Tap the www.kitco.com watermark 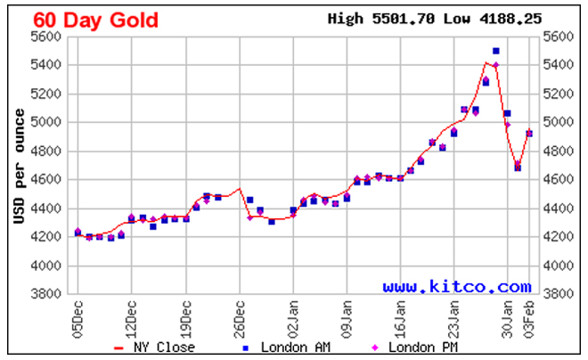tap(457, 287)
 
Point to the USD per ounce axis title tap(19, 166)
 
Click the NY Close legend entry tap(157, 348)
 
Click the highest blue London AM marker tap(496, 51)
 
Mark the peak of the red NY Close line tap(488, 62)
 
